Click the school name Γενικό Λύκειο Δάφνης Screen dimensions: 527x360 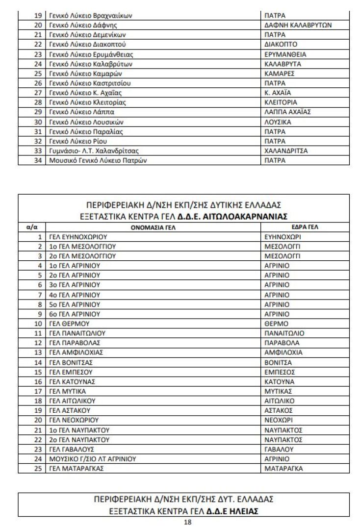82,25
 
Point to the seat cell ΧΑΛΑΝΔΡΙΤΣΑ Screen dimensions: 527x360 286,151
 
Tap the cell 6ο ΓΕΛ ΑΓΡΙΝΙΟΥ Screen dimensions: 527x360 75,314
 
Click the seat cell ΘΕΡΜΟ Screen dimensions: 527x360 276,324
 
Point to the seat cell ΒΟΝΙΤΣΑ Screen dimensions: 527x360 278,362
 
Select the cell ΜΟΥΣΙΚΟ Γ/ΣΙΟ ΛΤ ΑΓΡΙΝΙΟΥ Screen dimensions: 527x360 92,459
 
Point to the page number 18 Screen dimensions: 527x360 187,522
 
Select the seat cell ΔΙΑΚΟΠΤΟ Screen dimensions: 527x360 281,44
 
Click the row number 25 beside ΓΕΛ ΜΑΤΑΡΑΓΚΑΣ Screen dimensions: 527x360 39,468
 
